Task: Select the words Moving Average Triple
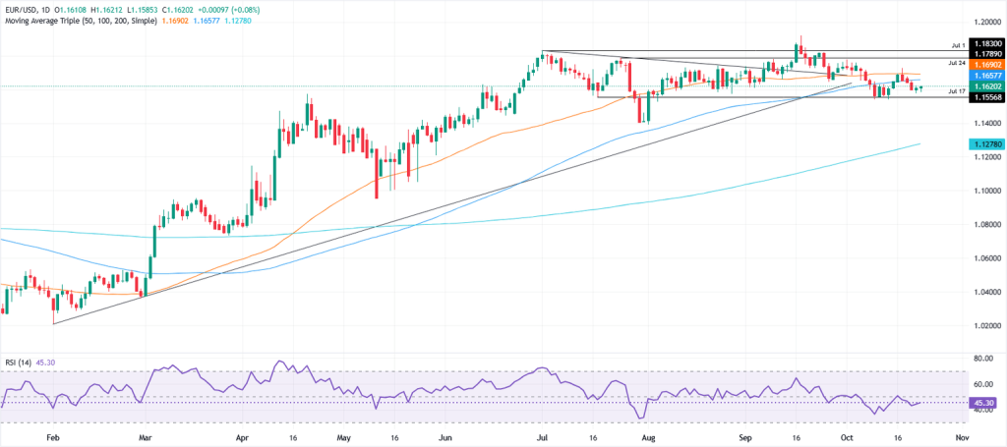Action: click(x=48, y=20)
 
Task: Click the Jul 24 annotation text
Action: click(x=957, y=62)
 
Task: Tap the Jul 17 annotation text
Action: click(x=957, y=90)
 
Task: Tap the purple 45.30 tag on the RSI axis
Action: click(x=984, y=403)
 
